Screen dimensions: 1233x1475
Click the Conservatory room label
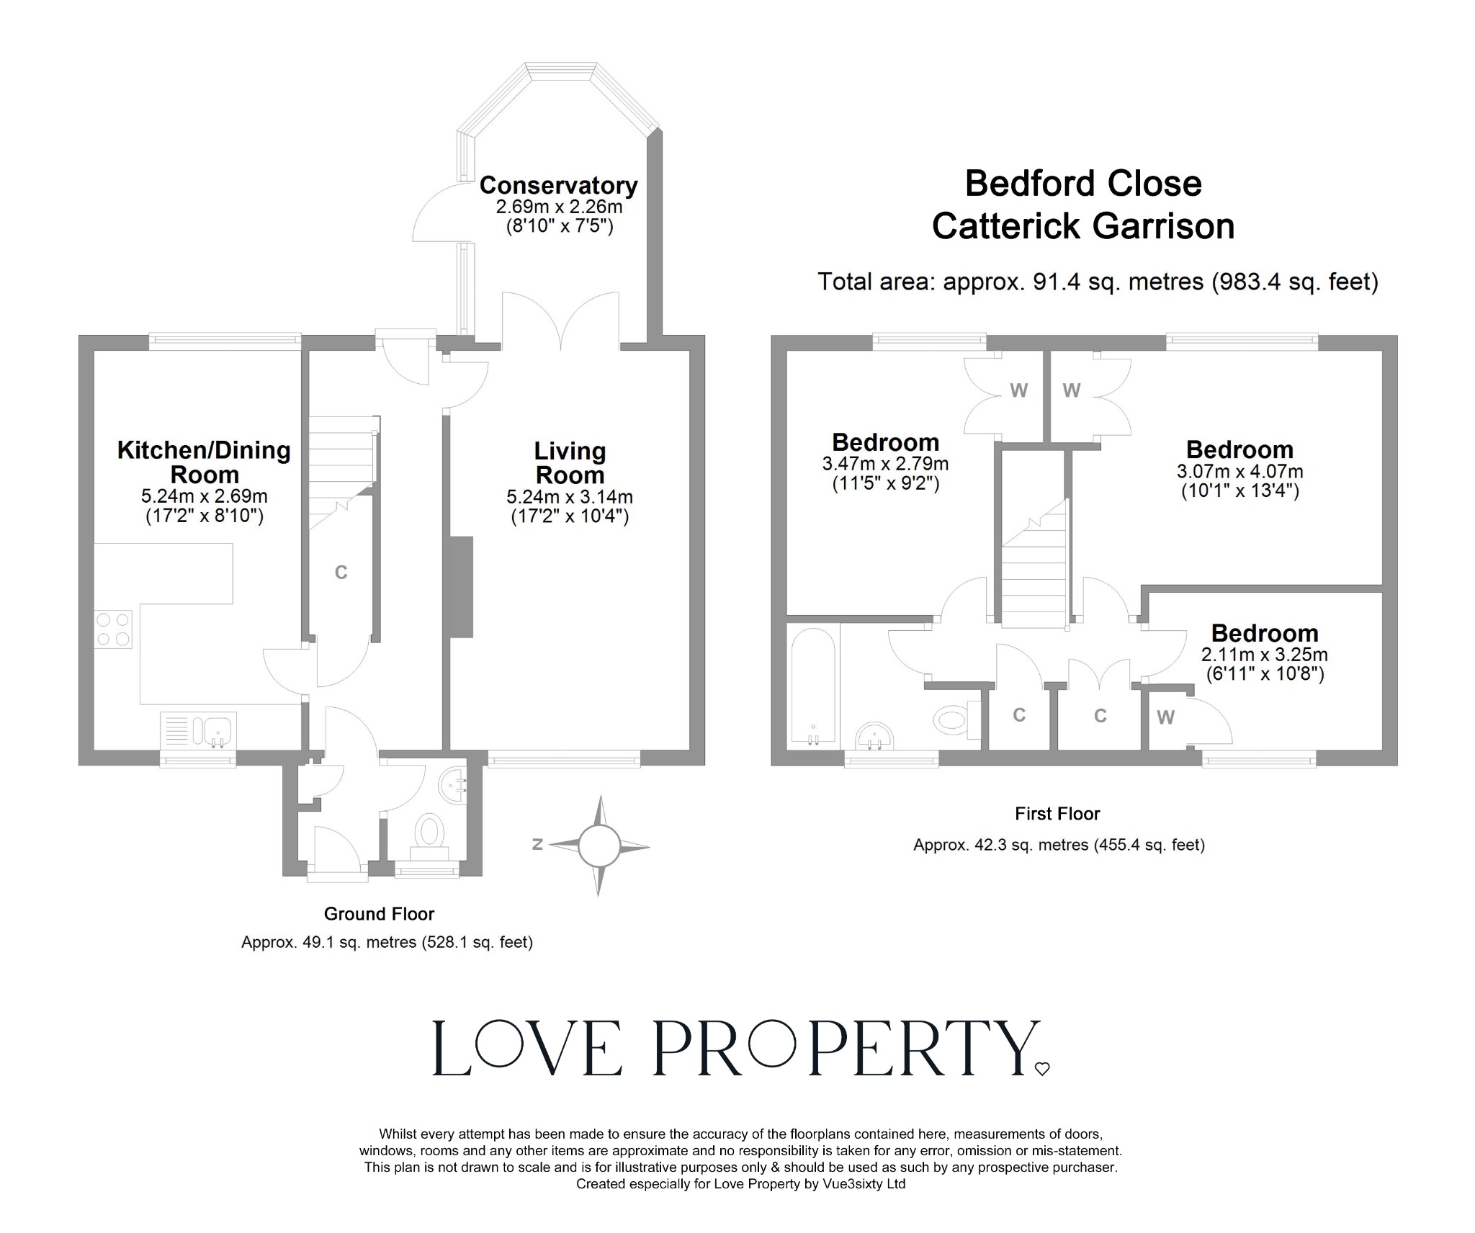click(x=558, y=186)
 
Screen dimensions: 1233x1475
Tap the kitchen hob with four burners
click(x=114, y=629)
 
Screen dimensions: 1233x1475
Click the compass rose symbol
click(x=598, y=846)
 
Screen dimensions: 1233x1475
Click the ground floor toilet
click(x=429, y=830)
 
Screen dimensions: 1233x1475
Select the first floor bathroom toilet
click(x=952, y=718)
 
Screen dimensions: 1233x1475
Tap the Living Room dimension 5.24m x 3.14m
click(x=570, y=497)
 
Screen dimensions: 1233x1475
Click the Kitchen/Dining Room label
click(x=204, y=462)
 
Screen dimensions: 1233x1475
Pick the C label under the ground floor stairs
click(x=341, y=573)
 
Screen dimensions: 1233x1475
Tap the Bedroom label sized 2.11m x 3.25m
click(x=1264, y=633)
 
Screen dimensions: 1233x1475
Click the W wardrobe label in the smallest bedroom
click(x=1165, y=717)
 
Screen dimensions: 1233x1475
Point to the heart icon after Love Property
click(x=1042, y=1070)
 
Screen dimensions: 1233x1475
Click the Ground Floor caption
click(x=379, y=914)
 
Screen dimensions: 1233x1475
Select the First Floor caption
click(x=1057, y=814)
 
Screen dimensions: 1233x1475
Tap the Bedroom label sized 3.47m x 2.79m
click(x=885, y=442)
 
